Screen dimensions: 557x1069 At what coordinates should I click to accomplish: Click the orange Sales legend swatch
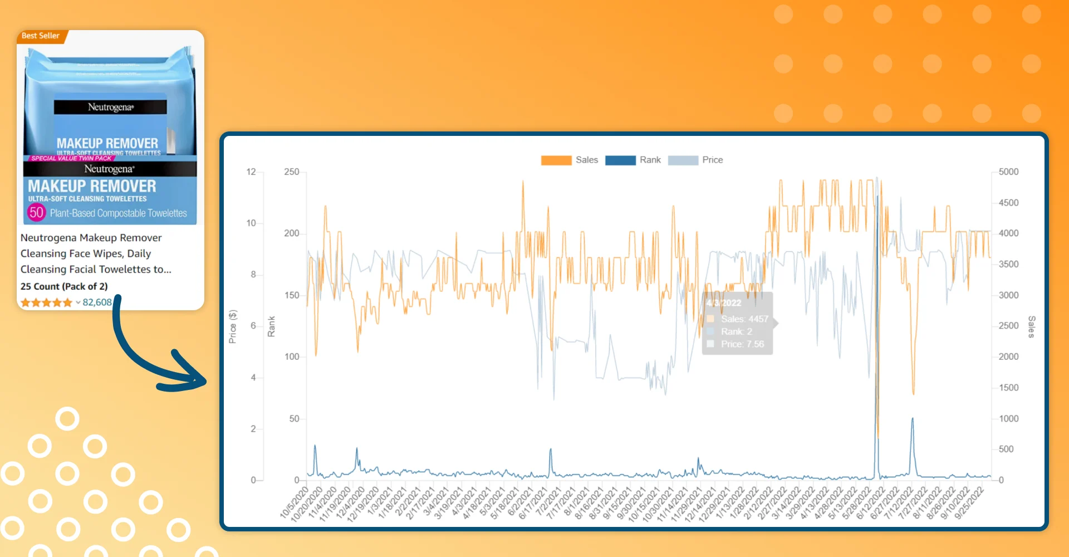556,160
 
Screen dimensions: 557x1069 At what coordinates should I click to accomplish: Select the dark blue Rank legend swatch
620,160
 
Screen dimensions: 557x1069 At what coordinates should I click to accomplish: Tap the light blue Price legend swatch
683,160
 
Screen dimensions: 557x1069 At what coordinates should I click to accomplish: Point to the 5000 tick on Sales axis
1008,172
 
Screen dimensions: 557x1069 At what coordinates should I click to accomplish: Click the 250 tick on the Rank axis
291,172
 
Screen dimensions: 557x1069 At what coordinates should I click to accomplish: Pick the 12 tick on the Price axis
251,172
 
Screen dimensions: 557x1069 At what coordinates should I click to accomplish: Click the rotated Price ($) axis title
233,326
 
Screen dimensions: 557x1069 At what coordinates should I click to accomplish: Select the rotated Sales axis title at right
1031,327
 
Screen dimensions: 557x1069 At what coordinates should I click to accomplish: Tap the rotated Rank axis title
272,326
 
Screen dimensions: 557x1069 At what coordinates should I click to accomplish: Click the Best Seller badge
41,36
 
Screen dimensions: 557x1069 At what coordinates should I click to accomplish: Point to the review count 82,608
97,302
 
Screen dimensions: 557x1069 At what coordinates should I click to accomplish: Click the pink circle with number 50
36,212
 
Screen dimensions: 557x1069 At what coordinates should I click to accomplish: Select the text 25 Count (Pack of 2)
64,286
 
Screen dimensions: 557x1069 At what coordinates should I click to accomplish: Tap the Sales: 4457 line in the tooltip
744,319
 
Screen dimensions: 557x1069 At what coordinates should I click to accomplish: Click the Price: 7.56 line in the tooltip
742,344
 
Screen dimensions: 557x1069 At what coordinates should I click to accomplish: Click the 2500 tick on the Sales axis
1008,325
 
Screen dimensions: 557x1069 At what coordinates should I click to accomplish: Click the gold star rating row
46,303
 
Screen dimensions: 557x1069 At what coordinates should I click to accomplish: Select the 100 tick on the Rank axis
291,356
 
